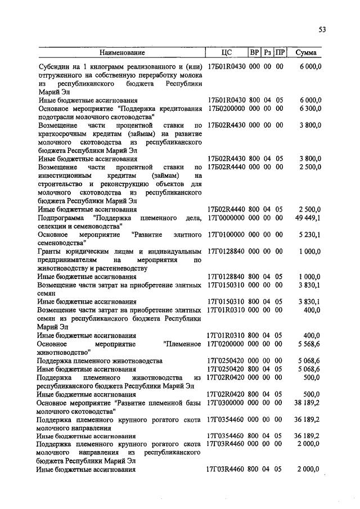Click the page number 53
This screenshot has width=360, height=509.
coord(322,29)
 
